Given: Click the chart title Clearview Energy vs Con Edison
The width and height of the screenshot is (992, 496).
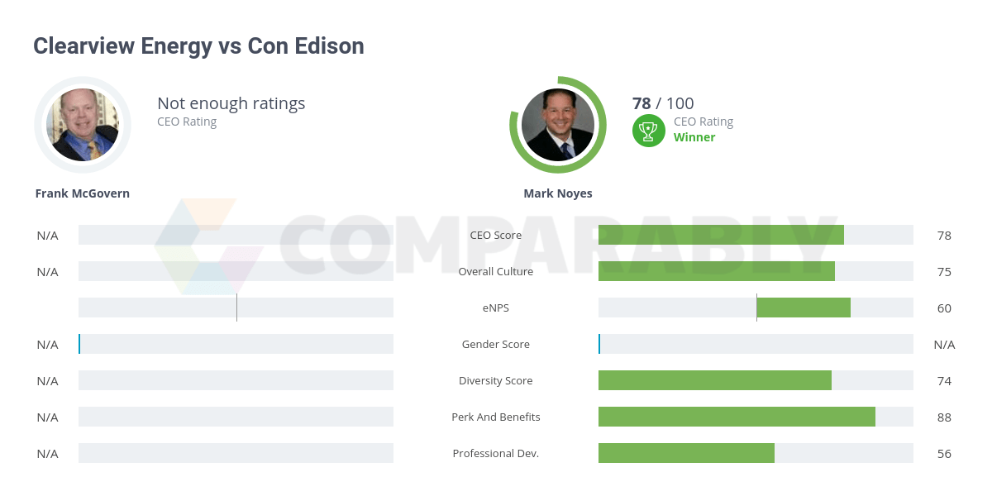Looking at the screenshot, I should (198, 45).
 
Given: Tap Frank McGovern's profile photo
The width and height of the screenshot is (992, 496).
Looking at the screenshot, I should (83, 125).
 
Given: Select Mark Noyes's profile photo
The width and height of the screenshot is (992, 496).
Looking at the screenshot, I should (558, 125).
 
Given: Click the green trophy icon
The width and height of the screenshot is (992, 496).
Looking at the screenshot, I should (649, 130).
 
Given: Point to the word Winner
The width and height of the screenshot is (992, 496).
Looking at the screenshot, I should (694, 137).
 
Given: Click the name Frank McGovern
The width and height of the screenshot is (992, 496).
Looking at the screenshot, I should (83, 193).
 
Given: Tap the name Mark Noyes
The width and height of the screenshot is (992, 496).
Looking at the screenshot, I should (558, 193).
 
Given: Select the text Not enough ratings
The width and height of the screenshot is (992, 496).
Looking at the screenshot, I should (231, 103).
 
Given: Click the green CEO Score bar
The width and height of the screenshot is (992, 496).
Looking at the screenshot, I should (721, 235).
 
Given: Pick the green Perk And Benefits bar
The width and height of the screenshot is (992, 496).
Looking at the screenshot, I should (737, 417).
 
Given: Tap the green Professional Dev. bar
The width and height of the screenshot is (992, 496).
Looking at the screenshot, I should (686, 453).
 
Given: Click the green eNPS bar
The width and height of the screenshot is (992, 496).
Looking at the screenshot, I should (804, 308).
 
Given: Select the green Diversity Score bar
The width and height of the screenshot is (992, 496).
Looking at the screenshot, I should (715, 380).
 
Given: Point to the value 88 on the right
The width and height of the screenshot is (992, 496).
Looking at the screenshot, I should (944, 417).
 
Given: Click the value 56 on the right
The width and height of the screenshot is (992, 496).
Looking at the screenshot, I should (944, 454).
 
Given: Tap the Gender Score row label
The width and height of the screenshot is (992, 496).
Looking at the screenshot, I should (496, 344).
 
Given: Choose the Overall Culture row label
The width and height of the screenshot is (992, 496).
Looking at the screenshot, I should (496, 271).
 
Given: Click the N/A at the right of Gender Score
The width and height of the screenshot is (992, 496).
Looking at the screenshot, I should (944, 345).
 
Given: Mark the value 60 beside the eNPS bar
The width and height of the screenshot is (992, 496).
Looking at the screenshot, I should (944, 308).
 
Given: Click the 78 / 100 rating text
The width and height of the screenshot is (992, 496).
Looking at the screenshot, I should (663, 103).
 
